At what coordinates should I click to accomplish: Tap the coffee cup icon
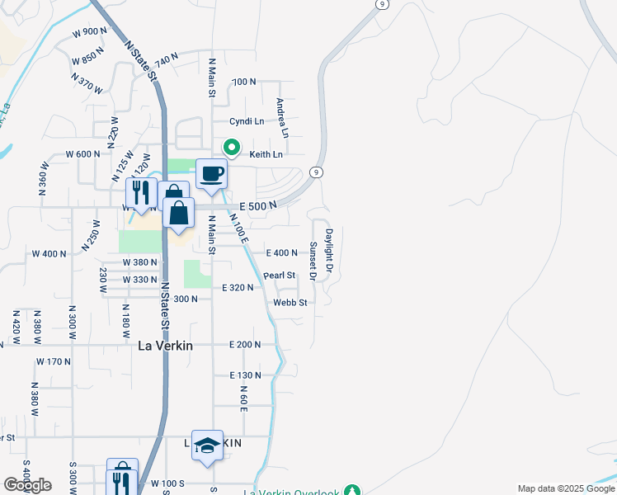(x=211, y=174)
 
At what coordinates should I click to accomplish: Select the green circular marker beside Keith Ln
(x=233, y=148)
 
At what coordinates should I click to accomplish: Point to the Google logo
(x=27, y=485)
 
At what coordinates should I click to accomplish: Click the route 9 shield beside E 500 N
(x=316, y=172)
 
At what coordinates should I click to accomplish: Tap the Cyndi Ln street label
(x=247, y=120)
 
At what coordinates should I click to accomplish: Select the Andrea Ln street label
(x=283, y=118)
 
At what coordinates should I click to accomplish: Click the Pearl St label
(x=279, y=275)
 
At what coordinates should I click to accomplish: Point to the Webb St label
(x=290, y=303)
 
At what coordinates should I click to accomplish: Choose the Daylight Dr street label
(x=328, y=251)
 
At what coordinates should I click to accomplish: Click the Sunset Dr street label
(x=313, y=259)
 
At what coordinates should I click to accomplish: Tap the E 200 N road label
(x=245, y=344)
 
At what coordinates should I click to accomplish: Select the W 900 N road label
(x=90, y=32)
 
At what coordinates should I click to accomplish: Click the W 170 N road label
(x=54, y=361)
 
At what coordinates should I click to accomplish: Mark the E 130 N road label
(x=245, y=375)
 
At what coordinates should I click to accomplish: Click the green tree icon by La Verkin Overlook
(x=352, y=491)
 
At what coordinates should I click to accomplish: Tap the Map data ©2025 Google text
(x=565, y=488)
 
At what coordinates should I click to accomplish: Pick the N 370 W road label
(x=87, y=83)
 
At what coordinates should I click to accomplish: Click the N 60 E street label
(x=244, y=398)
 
